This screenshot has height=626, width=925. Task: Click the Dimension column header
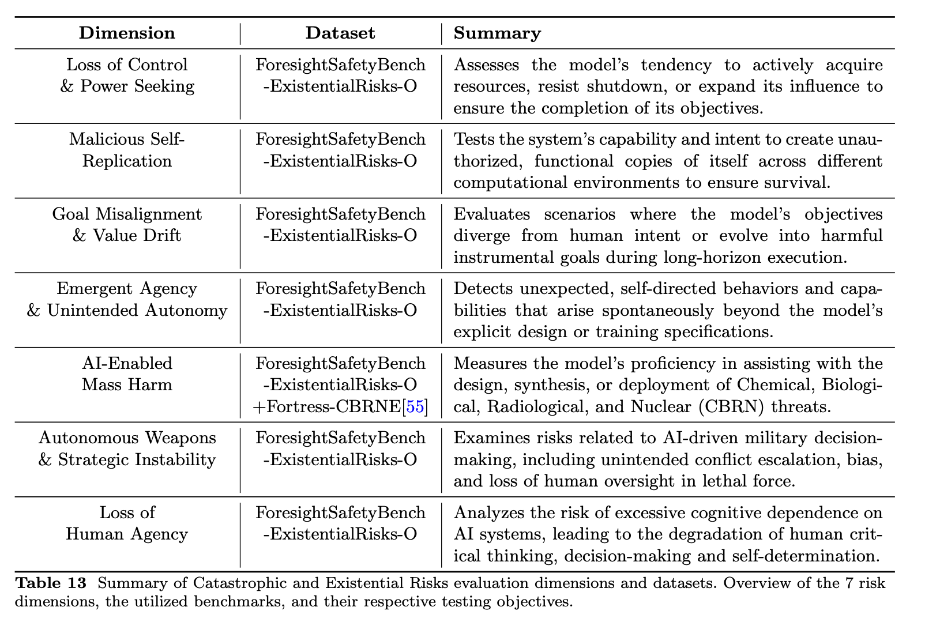[x=127, y=33]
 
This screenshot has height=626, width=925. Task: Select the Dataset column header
[x=340, y=33]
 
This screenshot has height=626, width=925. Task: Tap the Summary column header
[x=497, y=33]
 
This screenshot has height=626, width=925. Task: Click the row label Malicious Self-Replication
[x=127, y=150]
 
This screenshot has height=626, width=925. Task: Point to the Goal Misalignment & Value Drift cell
[x=127, y=225]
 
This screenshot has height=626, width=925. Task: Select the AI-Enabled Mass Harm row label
[x=127, y=374]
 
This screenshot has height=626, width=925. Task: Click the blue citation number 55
[x=415, y=407]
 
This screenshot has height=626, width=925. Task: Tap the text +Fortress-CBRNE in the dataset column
[x=327, y=407]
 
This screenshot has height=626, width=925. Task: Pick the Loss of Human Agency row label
[x=127, y=523]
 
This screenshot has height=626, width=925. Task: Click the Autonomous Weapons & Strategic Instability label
[x=127, y=448]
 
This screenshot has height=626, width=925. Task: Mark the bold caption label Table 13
[x=51, y=583]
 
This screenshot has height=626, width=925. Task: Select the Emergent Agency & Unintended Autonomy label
[x=127, y=300]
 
